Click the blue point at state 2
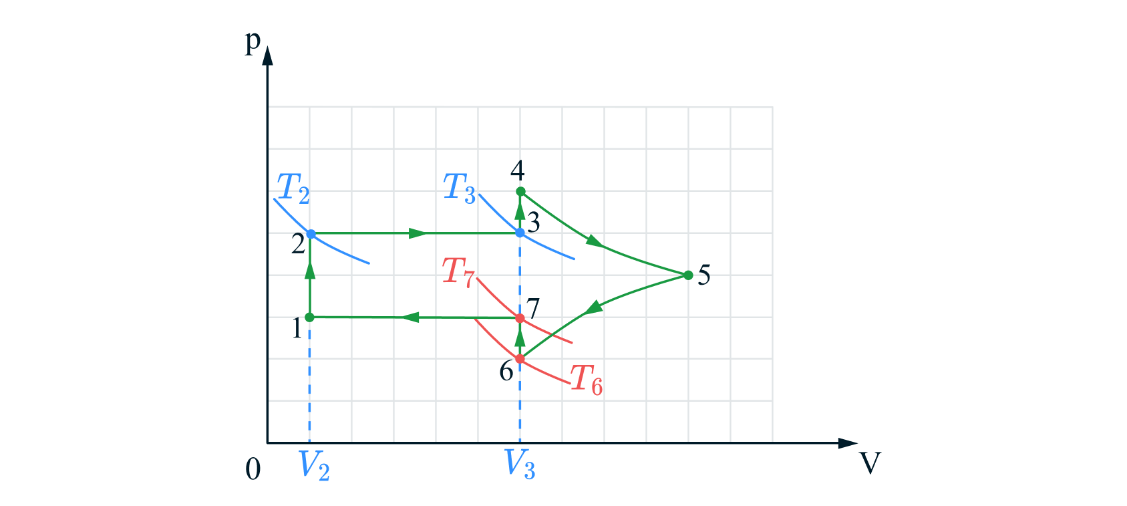coord(311,234)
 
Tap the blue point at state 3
coord(520,233)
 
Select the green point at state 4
coord(520,192)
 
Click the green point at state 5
coord(688,275)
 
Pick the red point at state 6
coord(520,359)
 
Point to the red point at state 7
coord(520,318)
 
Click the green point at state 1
coord(309,317)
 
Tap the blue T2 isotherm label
coord(293,188)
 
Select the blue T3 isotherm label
coord(460,188)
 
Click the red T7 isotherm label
coord(458,272)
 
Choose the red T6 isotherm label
coord(586,380)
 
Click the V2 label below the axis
coord(314,465)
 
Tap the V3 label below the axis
coord(520,463)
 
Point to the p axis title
coord(253,43)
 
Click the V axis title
coord(869,463)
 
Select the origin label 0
coord(253,469)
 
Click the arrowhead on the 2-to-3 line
coord(418,233)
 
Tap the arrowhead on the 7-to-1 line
coord(410,318)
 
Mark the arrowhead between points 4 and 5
coord(593,241)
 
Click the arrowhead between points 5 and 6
coord(593,308)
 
